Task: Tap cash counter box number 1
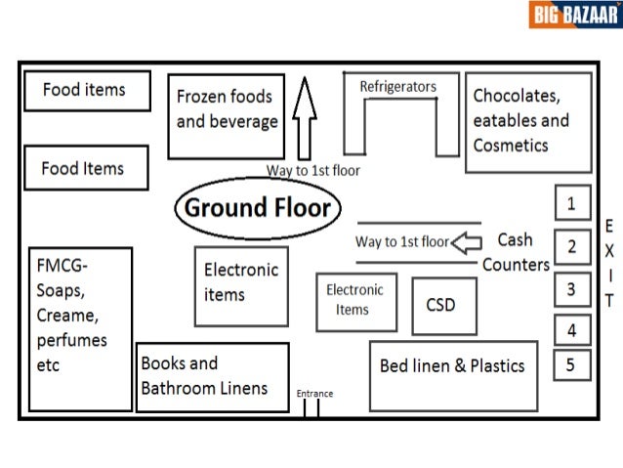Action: (x=571, y=203)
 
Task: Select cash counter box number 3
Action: (x=571, y=289)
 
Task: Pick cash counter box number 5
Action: (x=571, y=366)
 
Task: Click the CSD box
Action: (x=440, y=305)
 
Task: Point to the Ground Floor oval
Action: (x=258, y=207)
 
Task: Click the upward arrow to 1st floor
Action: (x=304, y=117)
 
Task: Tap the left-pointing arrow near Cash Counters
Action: (x=470, y=240)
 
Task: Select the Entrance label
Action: (x=314, y=394)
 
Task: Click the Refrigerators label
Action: (x=397, y=87)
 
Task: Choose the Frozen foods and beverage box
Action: (x=226, y=115)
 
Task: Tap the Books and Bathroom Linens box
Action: (x=212, y=376)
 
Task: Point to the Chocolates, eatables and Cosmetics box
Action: (x=528, y=122)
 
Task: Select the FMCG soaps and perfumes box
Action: (x=80, y=328)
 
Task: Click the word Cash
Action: (x=515, y=239)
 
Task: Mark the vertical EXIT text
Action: (x=609, y=262)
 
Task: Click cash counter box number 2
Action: (x=571, y=246)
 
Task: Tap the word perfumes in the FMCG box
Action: (x=71, y=341)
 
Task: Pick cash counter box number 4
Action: (x=571, y=330)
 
